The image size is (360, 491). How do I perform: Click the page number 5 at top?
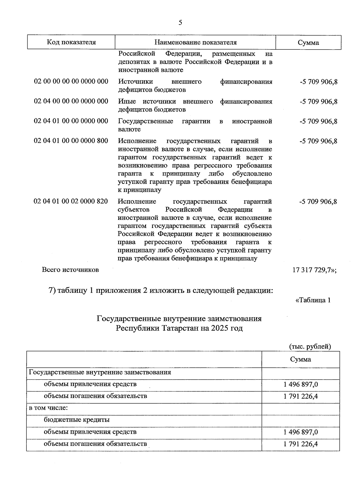pyautogui.click(x=180, y=22)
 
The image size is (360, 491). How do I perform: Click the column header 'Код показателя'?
pyautogui.click(x=71, y=42)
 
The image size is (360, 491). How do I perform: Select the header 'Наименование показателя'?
pyautogui.click(x=195, y=42)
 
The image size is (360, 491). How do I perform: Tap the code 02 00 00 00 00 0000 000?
pyautogui.click(x=71, y=82)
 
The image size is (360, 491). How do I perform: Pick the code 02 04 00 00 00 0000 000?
pyautogui.click(x=71, y=101)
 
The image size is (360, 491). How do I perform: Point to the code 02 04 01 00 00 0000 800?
pyautogui.click(x=71, y=141)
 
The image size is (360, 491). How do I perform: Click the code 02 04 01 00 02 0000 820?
pyautogui.click(x=71, y=201)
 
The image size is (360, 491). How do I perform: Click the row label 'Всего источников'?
pyautogui.click(x=70, y=270)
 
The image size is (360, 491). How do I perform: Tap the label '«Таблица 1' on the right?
pyautogui.click(x=313, y=300)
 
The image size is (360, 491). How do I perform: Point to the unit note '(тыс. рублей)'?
pyautogui.click(x=310, y=346)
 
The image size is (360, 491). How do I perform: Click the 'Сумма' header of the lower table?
pyautogui.click(x=300, y=359)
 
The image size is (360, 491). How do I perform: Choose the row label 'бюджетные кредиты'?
pyautogui.click(x=76, y=420)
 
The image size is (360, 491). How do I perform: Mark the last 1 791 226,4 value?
pyautogui.click(x=300, y=444)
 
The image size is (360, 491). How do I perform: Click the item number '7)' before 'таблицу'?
pyautogui.click(x=52, y=291)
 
